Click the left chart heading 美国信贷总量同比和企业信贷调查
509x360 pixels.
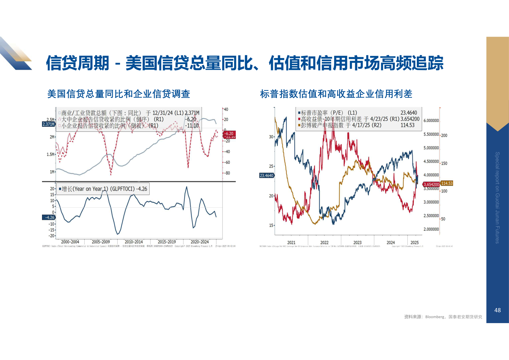tap(119, 94)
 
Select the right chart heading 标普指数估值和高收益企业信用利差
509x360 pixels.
tap(336, 94)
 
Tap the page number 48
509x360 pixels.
tap(497, 310)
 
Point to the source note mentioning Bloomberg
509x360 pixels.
tap(443, 317)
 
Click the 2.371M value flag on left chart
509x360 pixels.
tap(48, 124)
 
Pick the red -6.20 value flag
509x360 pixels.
tap(229, 133)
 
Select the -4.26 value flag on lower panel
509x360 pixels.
tap(49, 217)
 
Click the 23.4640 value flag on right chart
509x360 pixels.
tap(267, 175)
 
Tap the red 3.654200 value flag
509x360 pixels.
tap(431, 184)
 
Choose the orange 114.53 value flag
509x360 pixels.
tap(447, 183)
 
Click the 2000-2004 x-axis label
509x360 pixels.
tap(70, 242)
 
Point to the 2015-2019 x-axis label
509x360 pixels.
tap(167, 242)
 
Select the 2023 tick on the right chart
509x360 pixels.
tap(357, 242)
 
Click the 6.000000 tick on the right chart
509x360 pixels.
tap(431, 120)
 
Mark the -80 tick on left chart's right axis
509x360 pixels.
tap(227, 173)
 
